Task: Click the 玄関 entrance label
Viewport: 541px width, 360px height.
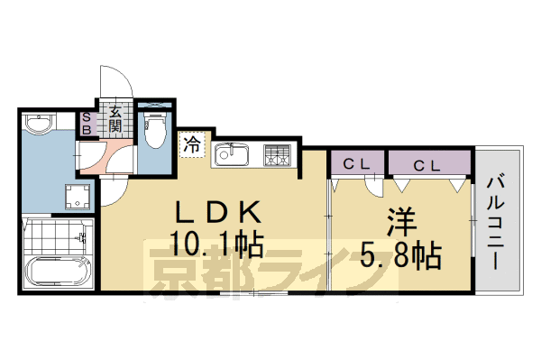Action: pyautogui.click(x=117, y=119)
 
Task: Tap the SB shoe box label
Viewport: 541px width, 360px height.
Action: pyautogui.click(x=87, y=123)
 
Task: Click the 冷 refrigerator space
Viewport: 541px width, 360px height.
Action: pyautogui.click(x=192, y=143)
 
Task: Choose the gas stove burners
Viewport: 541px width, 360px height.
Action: pyautogui.click(x=277, y=155)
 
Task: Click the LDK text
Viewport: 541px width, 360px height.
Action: pyautogui.click(x=219, y=215)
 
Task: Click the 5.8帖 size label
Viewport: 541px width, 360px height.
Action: pyautogui.click(x=403, y=255)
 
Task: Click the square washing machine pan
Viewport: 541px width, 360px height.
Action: pyautogui.click(x=78, y=197)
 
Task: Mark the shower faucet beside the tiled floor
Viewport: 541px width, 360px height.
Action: pyautogui.click(x=84, y=238)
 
